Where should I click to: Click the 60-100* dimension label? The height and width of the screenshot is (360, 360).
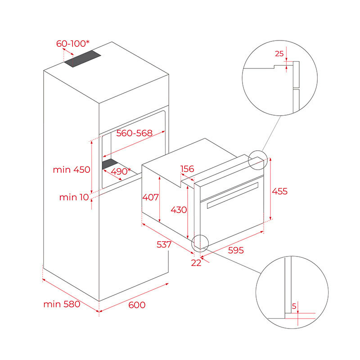click(x=72, y=44)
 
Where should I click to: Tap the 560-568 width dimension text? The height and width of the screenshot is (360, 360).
click(x=135, y=133)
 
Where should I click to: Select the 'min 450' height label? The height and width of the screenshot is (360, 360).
click(x=72, y=170)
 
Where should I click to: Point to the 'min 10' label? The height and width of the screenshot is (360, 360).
click(x=74, y=197)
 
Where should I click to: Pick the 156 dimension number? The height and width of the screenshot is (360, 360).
click(x=187, y=169)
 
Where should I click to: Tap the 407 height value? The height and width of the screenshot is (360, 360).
click(x=150, y=197)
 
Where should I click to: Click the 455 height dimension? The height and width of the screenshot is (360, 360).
click(x=279, y=191)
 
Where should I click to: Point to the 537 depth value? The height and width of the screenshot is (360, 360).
click(x=164, y=244)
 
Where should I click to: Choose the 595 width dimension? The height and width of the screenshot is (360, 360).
click(x=236, y=250)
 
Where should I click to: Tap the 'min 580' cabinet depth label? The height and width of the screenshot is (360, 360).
click(x=62, y=304)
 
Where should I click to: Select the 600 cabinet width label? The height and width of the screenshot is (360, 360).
click(x=137, y=305)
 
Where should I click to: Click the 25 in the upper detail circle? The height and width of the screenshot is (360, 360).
click(x=279, y=54)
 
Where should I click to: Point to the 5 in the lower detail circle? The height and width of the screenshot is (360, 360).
click(x=294, y=306)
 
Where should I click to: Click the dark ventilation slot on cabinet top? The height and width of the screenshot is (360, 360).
click(x=83, y=59)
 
